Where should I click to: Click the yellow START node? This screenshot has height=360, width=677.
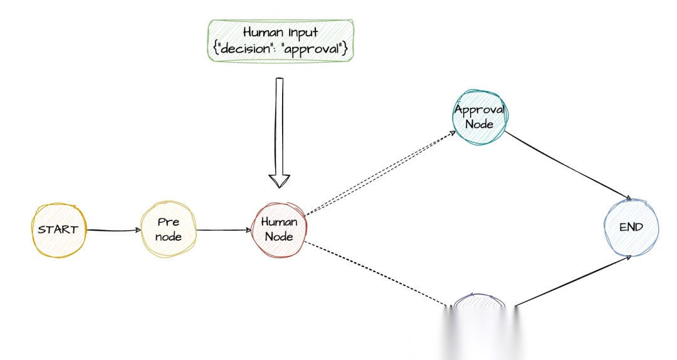(x=58, y=230)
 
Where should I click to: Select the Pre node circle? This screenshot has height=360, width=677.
(x=169, y=230)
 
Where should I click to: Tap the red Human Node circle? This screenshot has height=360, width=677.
(x=280, y=230)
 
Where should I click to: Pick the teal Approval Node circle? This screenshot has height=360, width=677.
(x=480, y=117)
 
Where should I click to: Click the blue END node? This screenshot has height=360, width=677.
(x=631, y=228)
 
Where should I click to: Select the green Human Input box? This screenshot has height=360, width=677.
(x=281, y=41)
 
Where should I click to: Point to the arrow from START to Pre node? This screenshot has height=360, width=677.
(x=113, y=230)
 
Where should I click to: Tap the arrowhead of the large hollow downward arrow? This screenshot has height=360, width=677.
(x=280, y=180)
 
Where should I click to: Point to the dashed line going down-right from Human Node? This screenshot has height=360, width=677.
(x=376, y=274)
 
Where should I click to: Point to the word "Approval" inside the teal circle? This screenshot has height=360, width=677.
(x=480, y=110)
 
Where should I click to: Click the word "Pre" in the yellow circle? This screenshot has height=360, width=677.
(x=169, y=222)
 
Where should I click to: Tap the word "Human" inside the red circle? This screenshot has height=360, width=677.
(x=280, y=222)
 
